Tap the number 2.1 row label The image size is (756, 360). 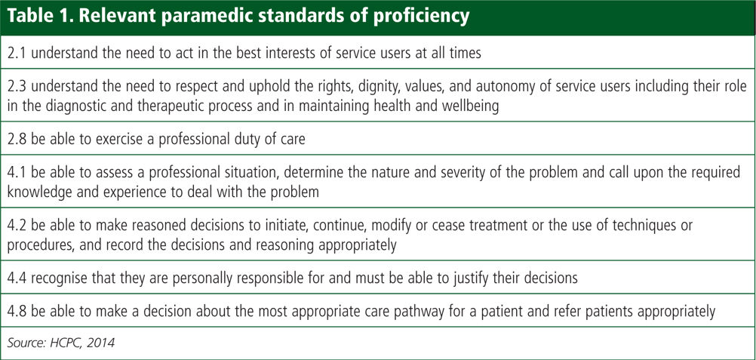point(17,52)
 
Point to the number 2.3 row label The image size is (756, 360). point(17,87)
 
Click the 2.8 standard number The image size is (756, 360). point(17,139)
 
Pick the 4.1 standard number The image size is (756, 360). point(17,173)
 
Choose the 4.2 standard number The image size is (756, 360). point(17,226)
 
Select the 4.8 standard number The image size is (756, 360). point(17,312)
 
